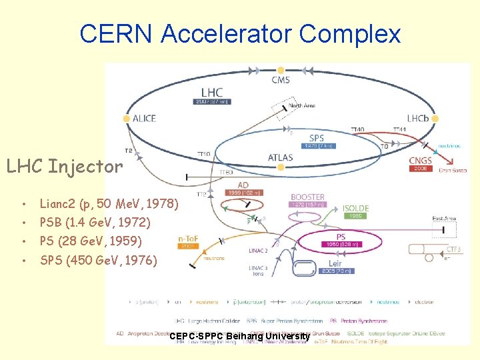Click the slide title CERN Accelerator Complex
240,33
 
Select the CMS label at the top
281,81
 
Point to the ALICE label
145,119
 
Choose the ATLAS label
280,158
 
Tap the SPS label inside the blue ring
317,139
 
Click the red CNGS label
421,161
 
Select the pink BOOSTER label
307,197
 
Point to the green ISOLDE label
355,209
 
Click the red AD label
244,185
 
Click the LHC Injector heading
65,166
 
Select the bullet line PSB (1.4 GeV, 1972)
95,222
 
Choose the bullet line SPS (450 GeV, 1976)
99,259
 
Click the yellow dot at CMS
281,70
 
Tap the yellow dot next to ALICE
127,119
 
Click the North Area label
302,105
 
